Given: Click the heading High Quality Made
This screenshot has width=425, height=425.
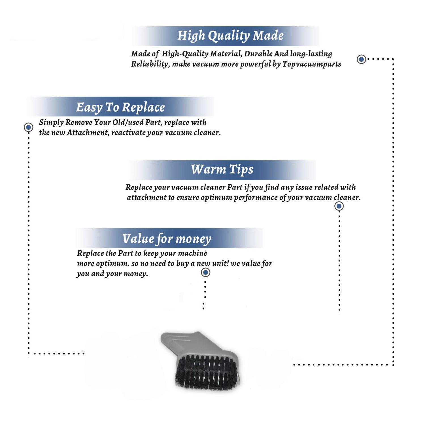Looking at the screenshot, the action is tap(230, 36).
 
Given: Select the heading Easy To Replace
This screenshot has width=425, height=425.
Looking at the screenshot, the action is tap(120, 107).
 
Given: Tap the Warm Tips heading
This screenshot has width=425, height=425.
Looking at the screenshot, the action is tap(222, 169).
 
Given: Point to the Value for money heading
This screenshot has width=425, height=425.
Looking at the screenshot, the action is tap(167, 239).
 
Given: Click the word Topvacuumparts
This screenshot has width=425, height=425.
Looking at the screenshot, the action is tap(312, 64).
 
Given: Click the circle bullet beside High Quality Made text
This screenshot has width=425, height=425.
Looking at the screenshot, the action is tap(361, 59).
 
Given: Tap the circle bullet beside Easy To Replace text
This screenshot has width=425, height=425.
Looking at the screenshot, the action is tap(28, 127).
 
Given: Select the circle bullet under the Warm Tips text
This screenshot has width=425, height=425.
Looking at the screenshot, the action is tap(339, 206).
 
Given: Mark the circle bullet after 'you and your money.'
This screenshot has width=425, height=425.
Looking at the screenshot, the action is tap(205, 273).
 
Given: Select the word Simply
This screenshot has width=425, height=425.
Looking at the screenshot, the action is tap(51, 122).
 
